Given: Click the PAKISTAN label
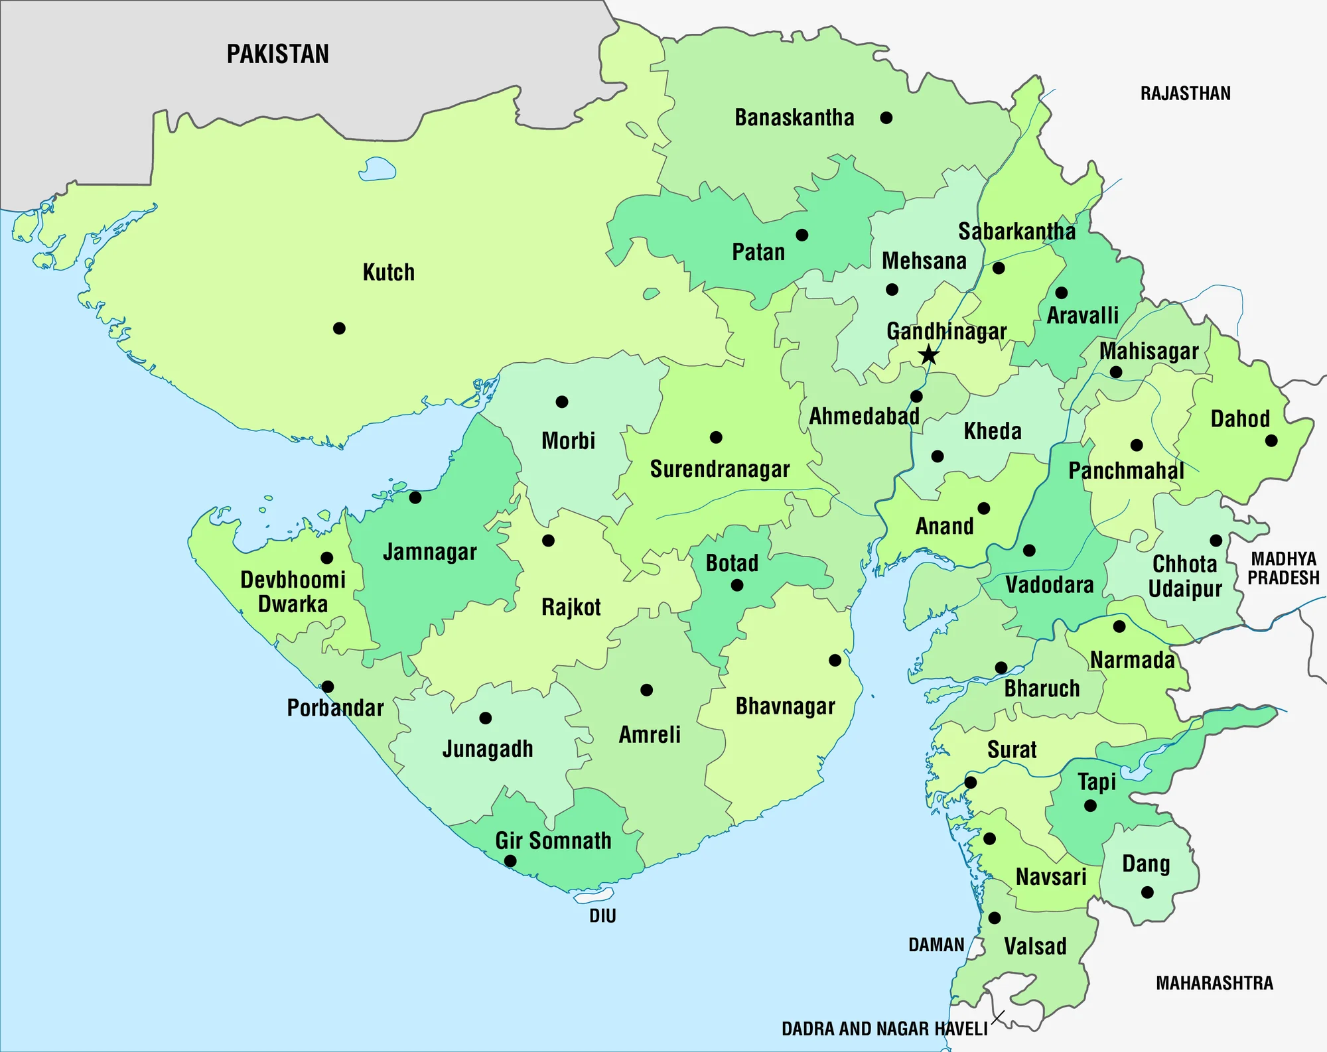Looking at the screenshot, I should pos(277,54).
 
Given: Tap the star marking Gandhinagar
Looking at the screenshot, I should pos(929,355).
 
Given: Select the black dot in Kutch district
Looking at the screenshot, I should pos(339,328).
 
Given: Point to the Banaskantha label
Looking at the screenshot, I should pos(794,118).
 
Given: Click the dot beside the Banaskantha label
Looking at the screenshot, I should pos(886,118).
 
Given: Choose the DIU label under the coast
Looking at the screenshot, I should pos(602,916).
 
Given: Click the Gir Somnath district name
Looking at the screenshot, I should pos(553,841).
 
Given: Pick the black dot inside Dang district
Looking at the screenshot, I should pos(1147,892).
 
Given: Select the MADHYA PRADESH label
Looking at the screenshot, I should pos(1283,568).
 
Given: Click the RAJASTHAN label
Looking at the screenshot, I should pos(1185,94).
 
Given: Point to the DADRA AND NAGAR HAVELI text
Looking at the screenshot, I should pos(884,1029).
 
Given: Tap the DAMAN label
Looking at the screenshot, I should pos(936,945).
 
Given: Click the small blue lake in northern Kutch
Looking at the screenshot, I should pos(377,170).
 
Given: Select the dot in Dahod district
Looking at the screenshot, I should pos(1271,440).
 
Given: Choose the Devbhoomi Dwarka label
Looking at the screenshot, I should pos(293,592).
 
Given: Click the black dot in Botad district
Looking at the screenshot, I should pos(736,585).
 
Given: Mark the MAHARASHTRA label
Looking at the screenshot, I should pos(1214,983).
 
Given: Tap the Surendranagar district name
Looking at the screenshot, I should pos(720,470).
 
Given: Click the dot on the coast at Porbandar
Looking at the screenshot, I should pos(328,687).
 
